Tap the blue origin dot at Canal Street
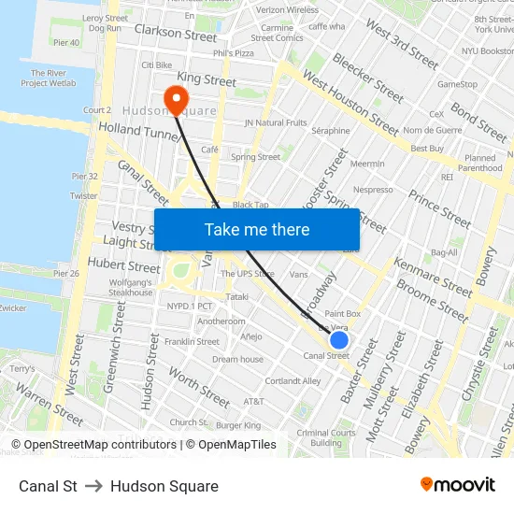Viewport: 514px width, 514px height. (x=339, y=340)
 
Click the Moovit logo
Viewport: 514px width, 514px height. (x=457, y=484)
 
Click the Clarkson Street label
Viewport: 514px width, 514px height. (x=176, y=35)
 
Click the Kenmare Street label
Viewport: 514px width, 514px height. (x=433, y=277)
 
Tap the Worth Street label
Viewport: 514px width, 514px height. (x=198, y=387)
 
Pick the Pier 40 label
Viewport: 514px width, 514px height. (x=66, y=42)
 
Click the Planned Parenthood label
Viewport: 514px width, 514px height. (x=481, y=164)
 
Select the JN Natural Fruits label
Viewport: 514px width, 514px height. (x=275, y=122)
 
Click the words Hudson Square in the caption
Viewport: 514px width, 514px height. (x=164, y=486)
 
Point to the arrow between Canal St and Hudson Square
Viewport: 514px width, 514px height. (x=93, y=486)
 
